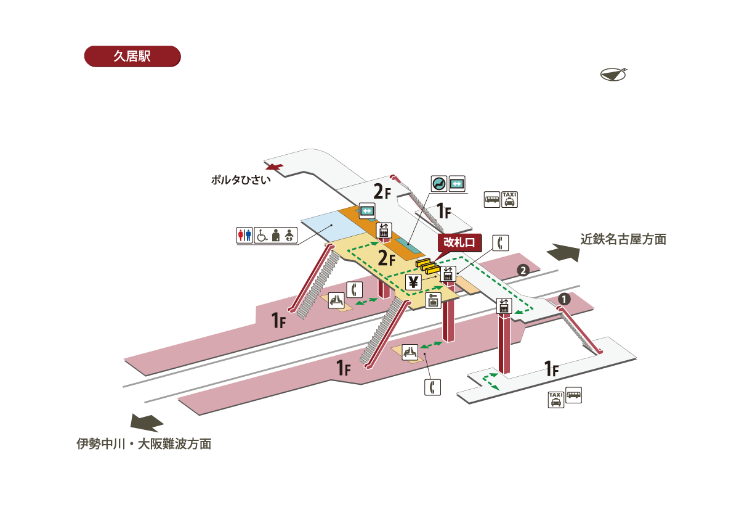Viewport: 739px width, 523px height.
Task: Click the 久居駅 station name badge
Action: click(x=132, y=56)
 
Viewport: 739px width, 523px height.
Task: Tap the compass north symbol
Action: click(x=613, y=73)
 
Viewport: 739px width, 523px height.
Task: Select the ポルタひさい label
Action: click(x=241, y=181)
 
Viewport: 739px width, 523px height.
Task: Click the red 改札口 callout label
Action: click(x=459, y=243)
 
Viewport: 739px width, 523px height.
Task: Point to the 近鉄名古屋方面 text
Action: click(x=623, y=239)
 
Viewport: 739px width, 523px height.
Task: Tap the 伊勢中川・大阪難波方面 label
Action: click(x=143, y=443)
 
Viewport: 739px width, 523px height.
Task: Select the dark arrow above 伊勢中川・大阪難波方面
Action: click(x=147, y=422)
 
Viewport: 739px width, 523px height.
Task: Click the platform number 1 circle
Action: click(x=564, y=299)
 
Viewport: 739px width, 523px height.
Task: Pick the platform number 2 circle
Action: click(x=522, y=270)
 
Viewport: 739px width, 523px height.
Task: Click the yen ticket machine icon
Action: click(x=413, y=282)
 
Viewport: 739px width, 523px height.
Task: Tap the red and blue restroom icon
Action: click(x=244, y=235)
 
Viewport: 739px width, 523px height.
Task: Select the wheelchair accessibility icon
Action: click(x=261, y=235)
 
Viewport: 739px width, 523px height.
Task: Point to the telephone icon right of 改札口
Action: click(x=502, y=242)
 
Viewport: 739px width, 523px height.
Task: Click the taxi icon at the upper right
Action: click(x=509, y=199)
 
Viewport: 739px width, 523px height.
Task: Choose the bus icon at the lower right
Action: click(x=573, y=395)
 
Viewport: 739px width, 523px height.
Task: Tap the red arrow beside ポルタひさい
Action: click(x=273, y=167)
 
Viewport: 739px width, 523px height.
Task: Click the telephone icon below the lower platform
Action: click(x=432, y=387)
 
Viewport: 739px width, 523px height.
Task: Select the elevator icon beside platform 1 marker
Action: click(x=504, y=305)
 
